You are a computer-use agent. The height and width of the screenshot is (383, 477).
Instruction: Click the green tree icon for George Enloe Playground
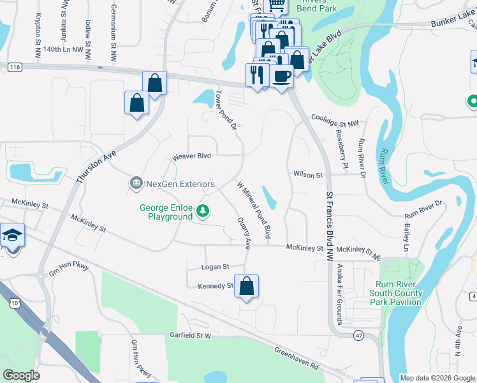pos(202,210)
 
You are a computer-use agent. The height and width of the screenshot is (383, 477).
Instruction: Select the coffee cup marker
pos(281,77)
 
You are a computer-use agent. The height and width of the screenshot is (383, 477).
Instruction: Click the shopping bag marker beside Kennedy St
pos(246,287)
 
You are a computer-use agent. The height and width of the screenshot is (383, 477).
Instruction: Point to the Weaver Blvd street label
pos(191,157)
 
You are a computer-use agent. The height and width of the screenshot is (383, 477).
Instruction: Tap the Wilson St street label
pos(309,174)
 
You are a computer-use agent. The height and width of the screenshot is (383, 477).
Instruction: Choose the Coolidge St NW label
pos(335,118)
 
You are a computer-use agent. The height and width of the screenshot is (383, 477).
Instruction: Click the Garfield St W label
pos(190,334)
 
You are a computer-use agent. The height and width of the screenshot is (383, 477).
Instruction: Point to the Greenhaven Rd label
pos(297,359)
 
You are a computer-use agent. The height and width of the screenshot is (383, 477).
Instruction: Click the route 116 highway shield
pos(16,67)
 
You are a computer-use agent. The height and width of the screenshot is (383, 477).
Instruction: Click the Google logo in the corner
pos(22,375)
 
